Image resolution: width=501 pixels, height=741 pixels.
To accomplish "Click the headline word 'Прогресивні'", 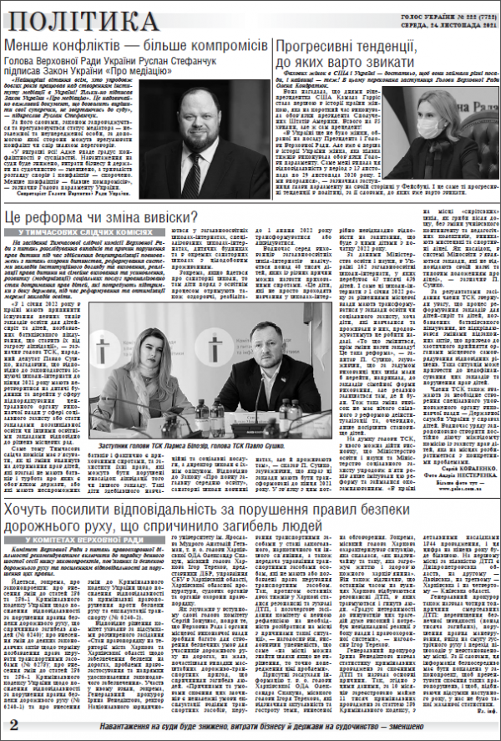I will tap(325, 45).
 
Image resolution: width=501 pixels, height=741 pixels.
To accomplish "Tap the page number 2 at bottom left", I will tap(13, 726).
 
